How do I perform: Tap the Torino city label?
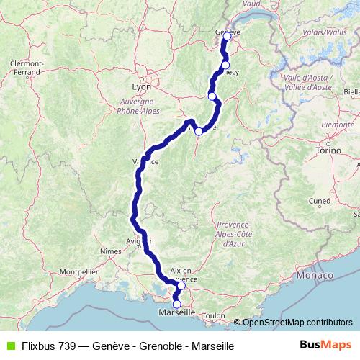tap(328, 150)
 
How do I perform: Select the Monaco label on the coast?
tap(318, 276)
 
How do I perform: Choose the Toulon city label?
tap(214, 315)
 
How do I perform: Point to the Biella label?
tap(352, 92)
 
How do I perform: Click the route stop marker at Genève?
tap(227, 36)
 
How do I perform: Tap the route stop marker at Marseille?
tap(177, 304)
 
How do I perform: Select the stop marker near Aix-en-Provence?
tap(181, 286)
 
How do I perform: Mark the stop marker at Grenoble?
tap(199, 132)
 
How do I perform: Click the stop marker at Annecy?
tap(225, 66)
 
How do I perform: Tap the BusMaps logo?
tap(326, 346)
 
